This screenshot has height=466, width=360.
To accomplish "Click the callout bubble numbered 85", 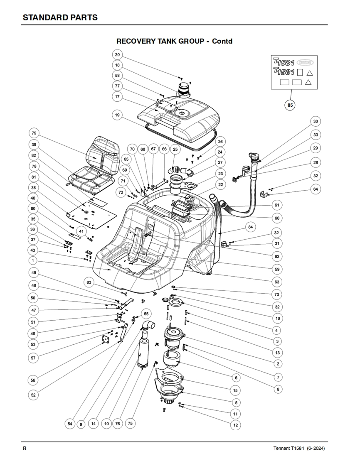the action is point(290,105).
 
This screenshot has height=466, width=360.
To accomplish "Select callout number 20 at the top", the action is point(117,55).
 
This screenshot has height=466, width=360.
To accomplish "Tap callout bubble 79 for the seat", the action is point(34,133).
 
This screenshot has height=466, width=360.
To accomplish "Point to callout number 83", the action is point(89,282).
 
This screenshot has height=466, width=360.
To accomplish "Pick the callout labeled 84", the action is point(251,227).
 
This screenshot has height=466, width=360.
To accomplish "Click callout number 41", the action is point(81,231).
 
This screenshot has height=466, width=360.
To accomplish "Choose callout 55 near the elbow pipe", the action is point(146,314).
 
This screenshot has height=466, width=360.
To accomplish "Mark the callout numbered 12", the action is point(236,425).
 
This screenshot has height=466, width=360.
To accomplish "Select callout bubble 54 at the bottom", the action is point(70,424).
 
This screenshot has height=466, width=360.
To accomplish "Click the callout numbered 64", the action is point(316,189).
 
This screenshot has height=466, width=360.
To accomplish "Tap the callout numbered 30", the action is point(316,121).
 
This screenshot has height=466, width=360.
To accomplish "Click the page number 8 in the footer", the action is point(25,448).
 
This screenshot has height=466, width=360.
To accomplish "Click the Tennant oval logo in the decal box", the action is point(305,62).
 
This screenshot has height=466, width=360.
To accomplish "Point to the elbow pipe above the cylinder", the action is point(148,326).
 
